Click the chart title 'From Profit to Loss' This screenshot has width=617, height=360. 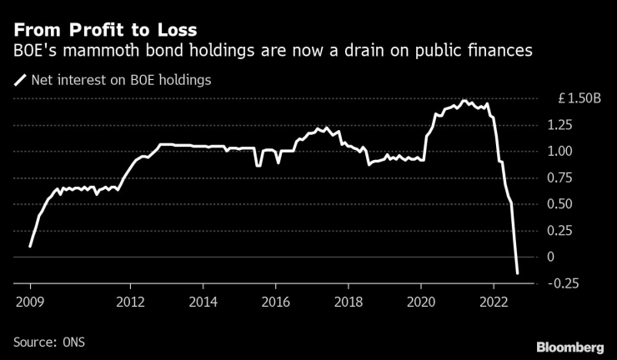click(x=105, y=32)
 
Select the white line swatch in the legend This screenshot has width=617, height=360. click(x=20, y=81)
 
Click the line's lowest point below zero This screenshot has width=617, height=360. click(x=517, y=272)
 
